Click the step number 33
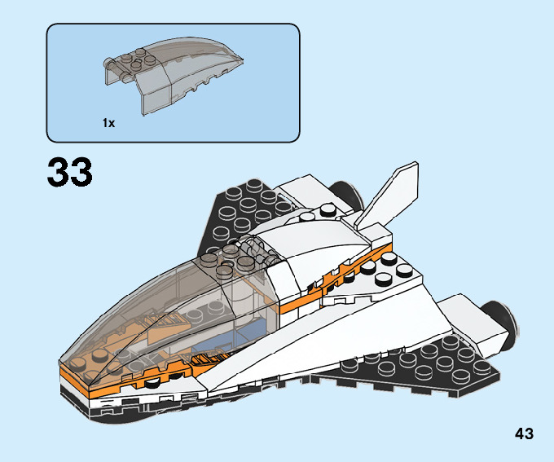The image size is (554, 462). click(x=70, y=173)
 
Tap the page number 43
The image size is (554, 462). click(x=524, y=433)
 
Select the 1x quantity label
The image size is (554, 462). click(x=108, y=123)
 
